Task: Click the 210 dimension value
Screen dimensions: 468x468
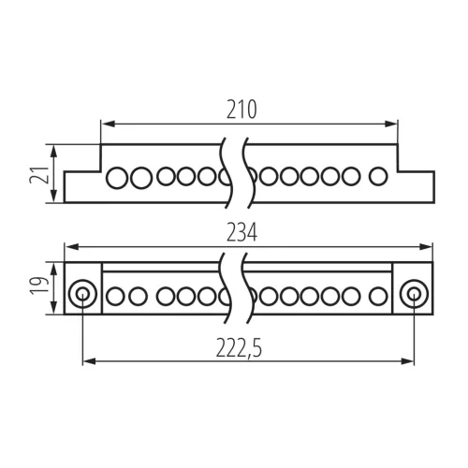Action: click(241, 110)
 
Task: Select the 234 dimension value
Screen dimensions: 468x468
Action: click(241, 232)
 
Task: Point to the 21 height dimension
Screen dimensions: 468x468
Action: click(39, 175)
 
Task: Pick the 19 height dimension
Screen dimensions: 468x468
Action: click(39, 285)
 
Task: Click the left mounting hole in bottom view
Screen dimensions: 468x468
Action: click(82, 294)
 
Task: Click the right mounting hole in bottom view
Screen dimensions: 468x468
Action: click(415, 294)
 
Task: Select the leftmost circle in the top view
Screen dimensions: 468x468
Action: click(117, 178)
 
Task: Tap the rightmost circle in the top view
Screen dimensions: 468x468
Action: click(378, 176)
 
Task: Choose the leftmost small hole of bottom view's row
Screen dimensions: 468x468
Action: click(115, 296)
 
